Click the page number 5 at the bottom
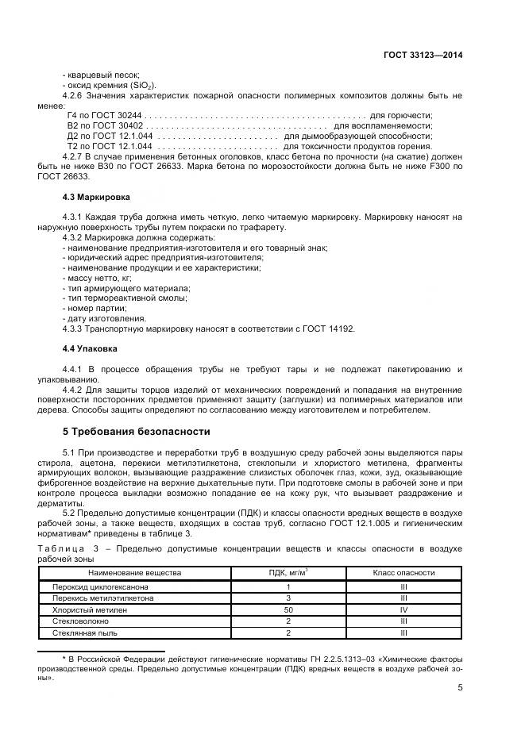pyautogui.click(x=460, y=687)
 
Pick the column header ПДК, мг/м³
pyautogui.click(x=288, y=571)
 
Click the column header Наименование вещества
pyautogui.click(x=135, y=571)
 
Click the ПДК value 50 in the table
pyautogui.click(x=288, y=609)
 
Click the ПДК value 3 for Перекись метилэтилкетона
pyautogui.click(x=288, y=598)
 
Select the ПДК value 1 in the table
pyautogui.click(x=288, y=586)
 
